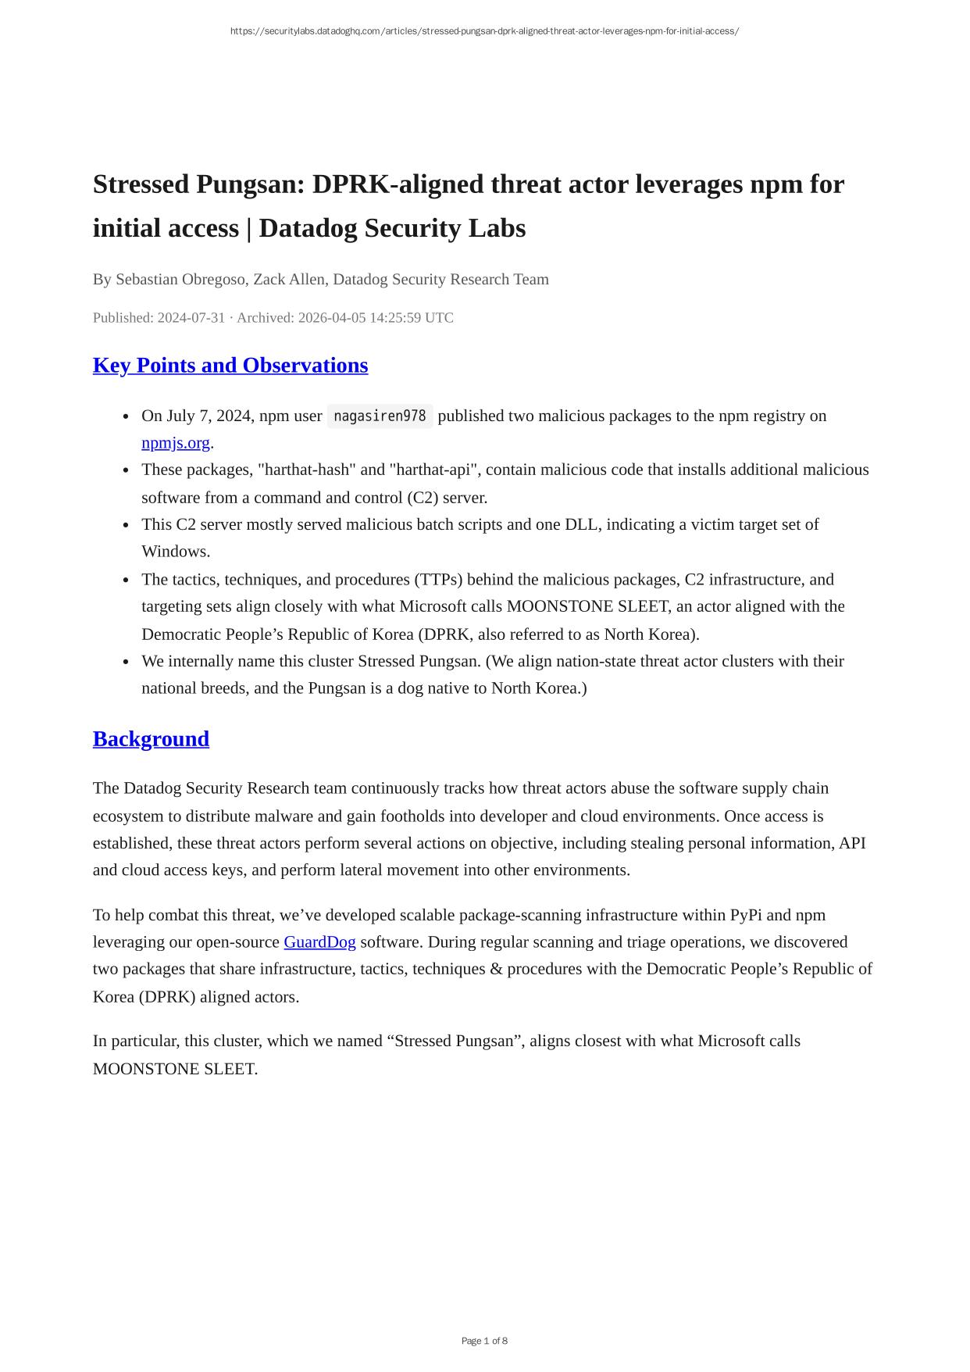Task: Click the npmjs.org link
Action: pos(176,443)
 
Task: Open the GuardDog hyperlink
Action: pos(319,942)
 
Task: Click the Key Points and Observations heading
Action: pos(230,366)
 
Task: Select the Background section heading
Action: pos(151,739)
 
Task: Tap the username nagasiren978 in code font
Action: pos(380,416)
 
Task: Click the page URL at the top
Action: pos(484,31)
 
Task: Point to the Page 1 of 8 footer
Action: pos(484,1341)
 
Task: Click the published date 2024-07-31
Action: pos(191,318)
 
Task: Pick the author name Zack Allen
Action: pos(289,280)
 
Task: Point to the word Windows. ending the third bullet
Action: pos(176,552)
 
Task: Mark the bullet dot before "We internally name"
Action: pos(126,662)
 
